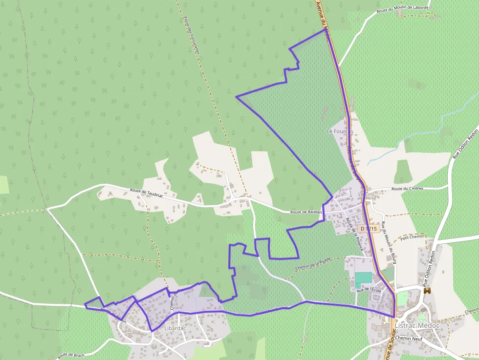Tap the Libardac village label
click(175, 328)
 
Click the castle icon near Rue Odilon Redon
click(428, 291)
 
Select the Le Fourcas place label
click(340, 131)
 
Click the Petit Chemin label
click(411, 238)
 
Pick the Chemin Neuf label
click(409, 338)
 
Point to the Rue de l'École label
click(369, 290)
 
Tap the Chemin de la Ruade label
click(313, 264)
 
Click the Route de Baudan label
click(306, 212)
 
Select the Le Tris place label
click(366, 194)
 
